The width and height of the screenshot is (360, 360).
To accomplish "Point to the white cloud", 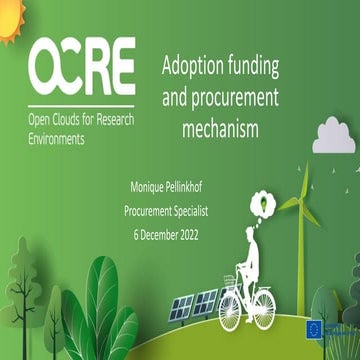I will [x=335, y=132].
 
